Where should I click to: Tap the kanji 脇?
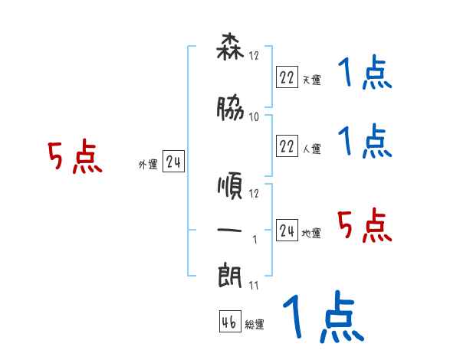[x=230, y=110]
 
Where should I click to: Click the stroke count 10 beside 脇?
[x=255, y=117]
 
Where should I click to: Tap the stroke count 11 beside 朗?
[x=254, y=286]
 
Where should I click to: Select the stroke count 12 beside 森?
[x=255, y=56]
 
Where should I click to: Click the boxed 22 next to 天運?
[x=287, y=77]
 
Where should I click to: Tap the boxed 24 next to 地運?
[x=287, y=229]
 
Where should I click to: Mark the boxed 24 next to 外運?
[x=174, y=161]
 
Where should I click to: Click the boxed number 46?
[x=229, y=322]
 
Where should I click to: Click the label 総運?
[x=255, y=325]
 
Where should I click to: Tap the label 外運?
[x=147, y=164]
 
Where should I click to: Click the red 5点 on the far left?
[x=75, y=158]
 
